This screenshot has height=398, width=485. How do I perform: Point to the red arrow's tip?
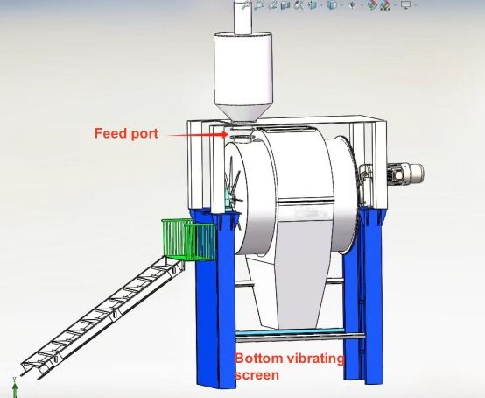coord(228,134)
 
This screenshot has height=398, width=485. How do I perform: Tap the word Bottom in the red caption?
coord(258,359)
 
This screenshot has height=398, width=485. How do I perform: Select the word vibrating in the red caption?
coord(315,359)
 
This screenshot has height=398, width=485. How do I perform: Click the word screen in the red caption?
coord(257,375)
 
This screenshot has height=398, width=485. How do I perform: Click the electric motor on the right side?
coord(405,174)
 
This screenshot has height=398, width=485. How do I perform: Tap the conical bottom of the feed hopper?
coord(243,113)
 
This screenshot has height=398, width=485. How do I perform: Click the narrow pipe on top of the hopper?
coord(242,17)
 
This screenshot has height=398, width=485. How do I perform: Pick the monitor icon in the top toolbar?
coord(405,5)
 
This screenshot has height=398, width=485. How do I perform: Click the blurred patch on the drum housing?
coord(309,213)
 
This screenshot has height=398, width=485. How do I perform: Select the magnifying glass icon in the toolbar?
coord(258,5)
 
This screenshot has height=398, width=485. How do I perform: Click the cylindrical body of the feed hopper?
coord(243,69)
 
